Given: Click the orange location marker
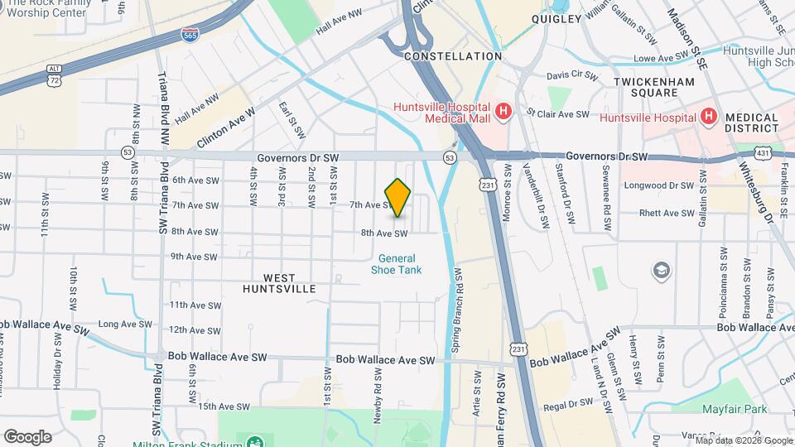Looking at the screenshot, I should (x=398, y=198).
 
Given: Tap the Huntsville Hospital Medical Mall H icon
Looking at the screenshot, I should (x=502, y=111).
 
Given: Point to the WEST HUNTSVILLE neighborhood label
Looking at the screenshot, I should (x=280, y=284).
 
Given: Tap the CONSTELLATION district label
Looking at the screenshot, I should (x=453, y=56).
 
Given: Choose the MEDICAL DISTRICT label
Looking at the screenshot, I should (x=751, y=123).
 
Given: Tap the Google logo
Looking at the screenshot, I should (x=27, y=437).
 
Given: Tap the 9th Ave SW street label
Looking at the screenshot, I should (x=194, y=257).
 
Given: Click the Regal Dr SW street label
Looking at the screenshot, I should (x=569, y=405).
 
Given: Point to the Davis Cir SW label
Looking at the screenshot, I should (x=572, y=74).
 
